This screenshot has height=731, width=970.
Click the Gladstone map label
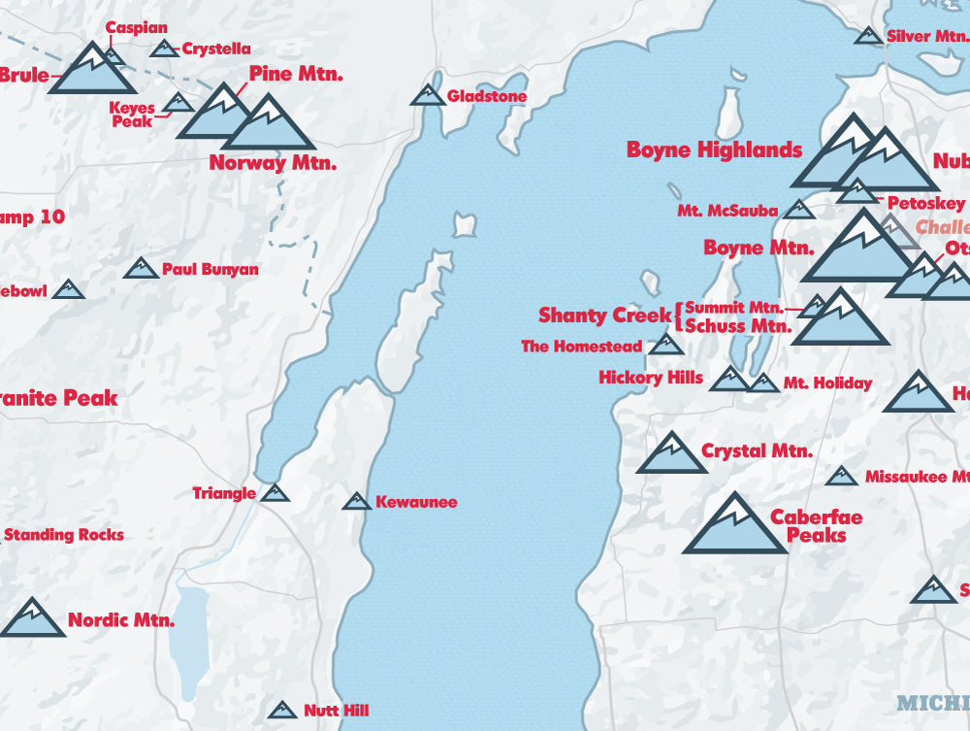click(486, 97)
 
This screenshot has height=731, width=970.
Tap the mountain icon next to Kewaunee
click(357, 502)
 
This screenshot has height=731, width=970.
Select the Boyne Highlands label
click(714, 150)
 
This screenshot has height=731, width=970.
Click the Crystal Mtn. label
click(757, 451)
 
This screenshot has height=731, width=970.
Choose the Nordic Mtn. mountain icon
click(31, 619)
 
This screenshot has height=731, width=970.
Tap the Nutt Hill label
click(336, 711)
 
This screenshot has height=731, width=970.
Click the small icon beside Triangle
click(275, 494)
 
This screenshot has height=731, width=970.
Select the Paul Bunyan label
click(210, 269)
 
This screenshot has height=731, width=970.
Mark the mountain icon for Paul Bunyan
click(141, 269)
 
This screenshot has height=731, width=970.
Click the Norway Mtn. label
click(273, 163)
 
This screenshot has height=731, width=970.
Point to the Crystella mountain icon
click(164, 49)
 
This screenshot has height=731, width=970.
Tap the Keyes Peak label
click(132, 116)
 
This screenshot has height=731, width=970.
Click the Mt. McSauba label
click(727, 211)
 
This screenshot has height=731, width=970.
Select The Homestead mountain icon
click(665, 345)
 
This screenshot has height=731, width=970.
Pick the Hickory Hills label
click(651, 378)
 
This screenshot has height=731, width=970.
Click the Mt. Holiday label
click(827, 383)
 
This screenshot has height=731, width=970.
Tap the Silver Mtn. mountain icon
click(868, 37)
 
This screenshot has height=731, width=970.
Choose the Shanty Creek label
click(603, 316)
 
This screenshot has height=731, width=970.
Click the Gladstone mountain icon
click(427, 95)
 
